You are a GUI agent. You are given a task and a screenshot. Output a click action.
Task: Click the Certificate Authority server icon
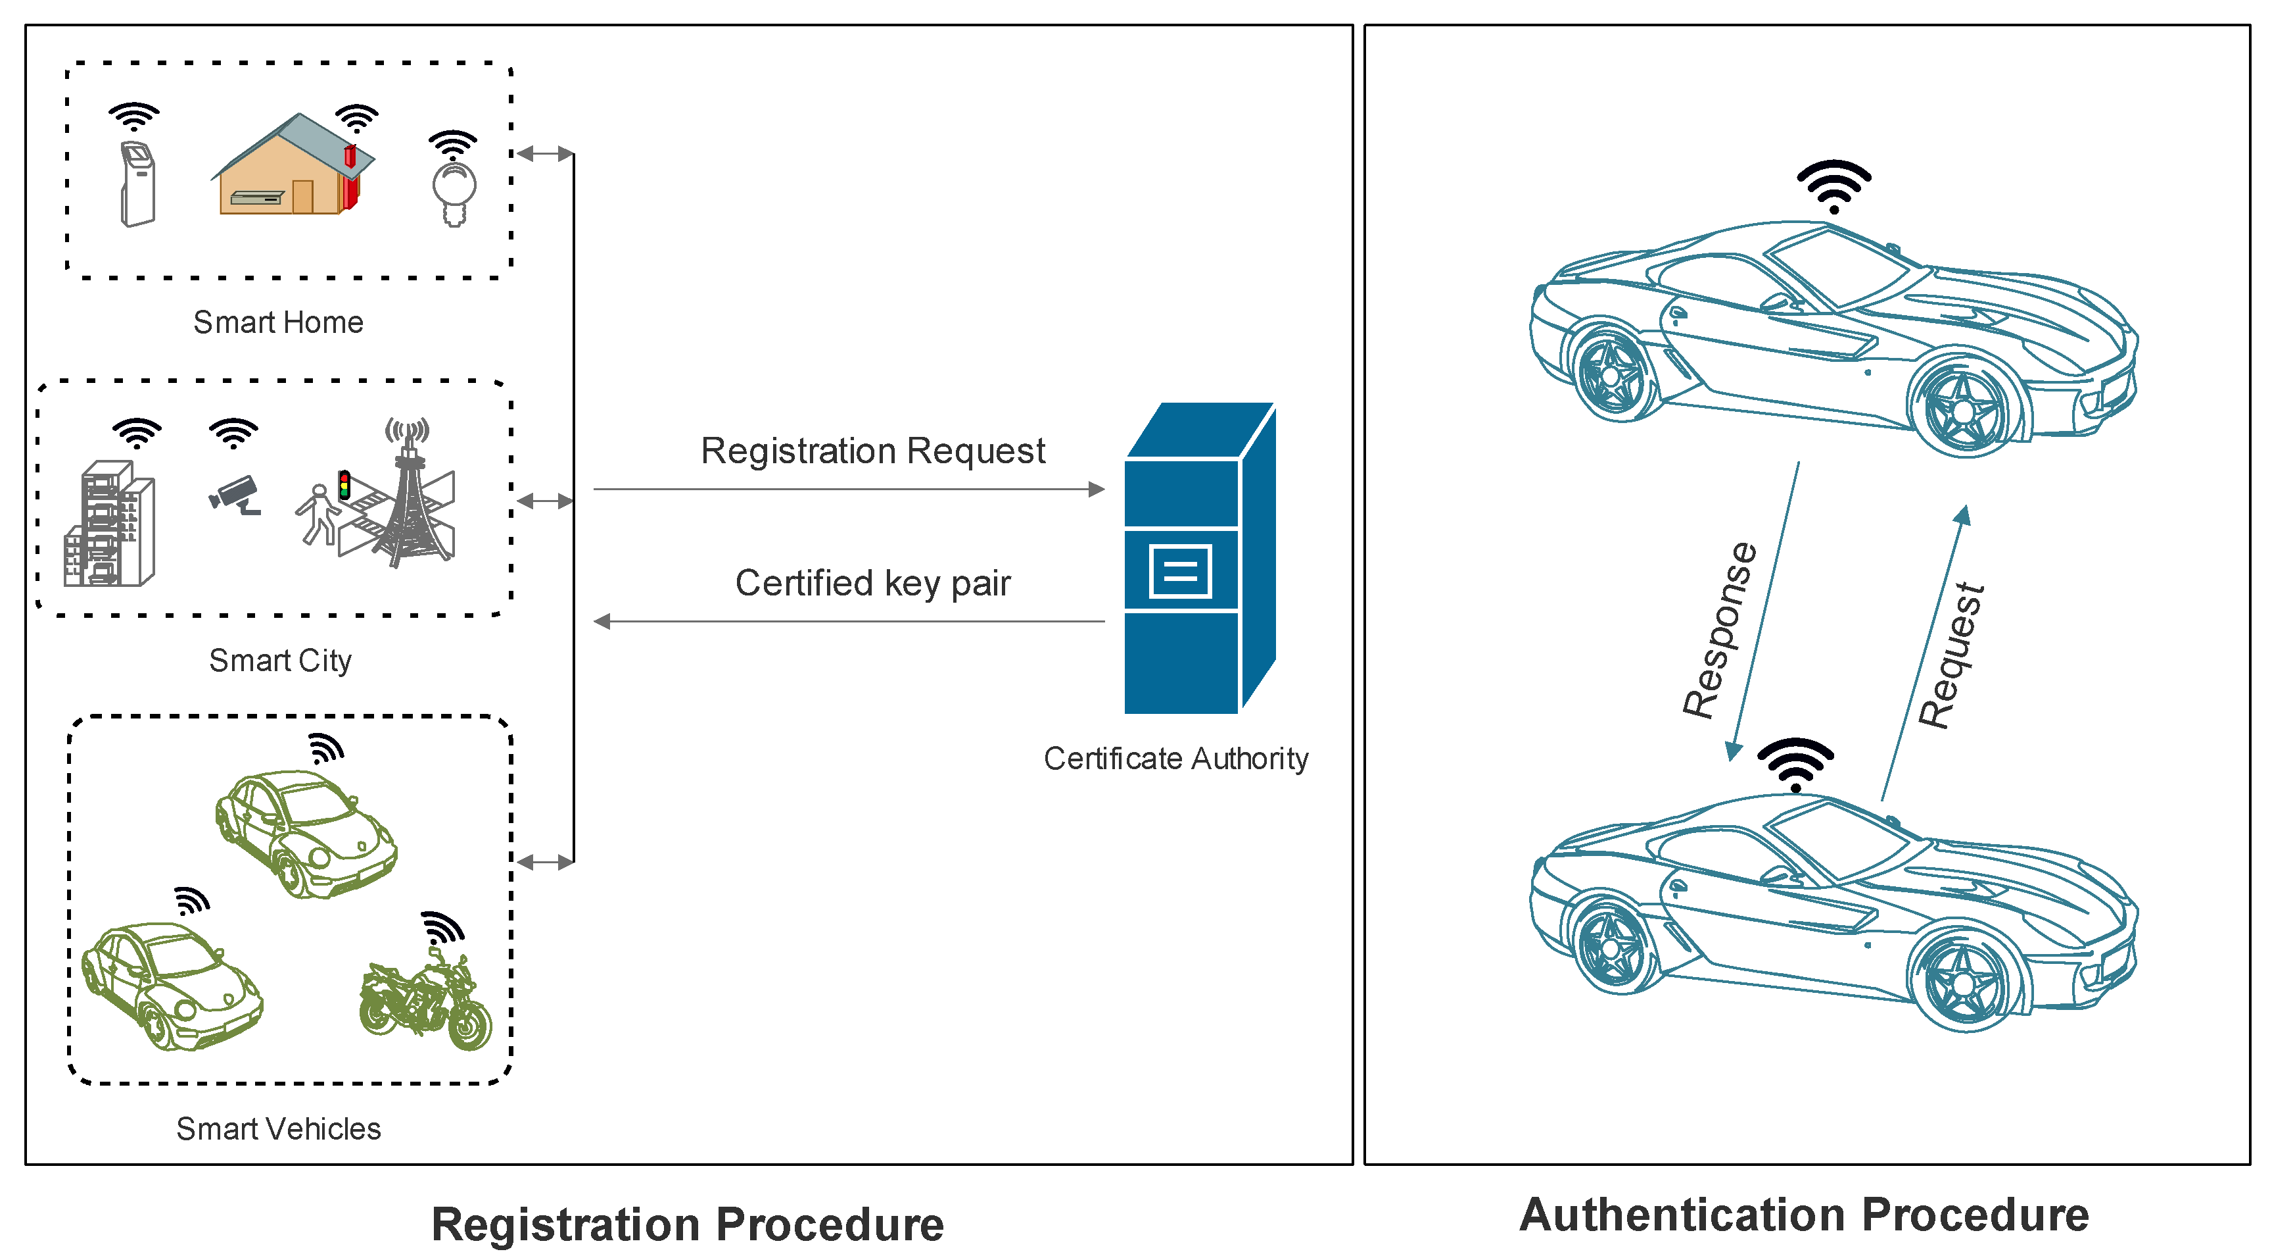point(1199,557)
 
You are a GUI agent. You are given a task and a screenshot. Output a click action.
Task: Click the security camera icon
point(235,495)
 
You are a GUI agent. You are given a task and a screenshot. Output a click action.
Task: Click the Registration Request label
point(872,451)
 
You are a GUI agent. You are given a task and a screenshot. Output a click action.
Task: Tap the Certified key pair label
point(872,584)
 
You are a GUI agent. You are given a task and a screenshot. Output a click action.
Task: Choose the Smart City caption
point(280,661)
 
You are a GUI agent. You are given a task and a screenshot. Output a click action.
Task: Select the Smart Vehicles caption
point(279,1128)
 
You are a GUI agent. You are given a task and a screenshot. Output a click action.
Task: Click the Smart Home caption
point(279,322)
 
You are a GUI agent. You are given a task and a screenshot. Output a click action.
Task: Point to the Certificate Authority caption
point(1175,758)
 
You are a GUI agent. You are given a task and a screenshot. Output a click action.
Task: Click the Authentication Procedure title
point(1804,1215)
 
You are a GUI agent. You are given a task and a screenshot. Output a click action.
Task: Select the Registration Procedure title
point(688,1224)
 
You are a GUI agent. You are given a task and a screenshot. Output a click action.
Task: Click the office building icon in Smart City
point(109,524)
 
